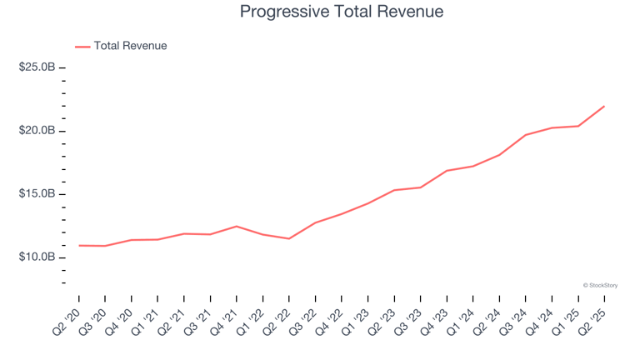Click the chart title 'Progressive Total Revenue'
[341, 12]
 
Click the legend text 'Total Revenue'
[130, 46]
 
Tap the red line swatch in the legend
[82, 47]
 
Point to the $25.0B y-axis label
[37, 67]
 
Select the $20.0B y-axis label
[37, 131]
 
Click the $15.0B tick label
[37, 194]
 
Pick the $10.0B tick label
[37, 257]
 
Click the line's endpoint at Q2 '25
[604, 106]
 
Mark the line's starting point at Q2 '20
[79, 245]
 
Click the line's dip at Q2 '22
[289, 238]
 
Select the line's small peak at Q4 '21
[237, 226]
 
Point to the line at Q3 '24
[526, 135]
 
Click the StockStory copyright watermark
[600, 285]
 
